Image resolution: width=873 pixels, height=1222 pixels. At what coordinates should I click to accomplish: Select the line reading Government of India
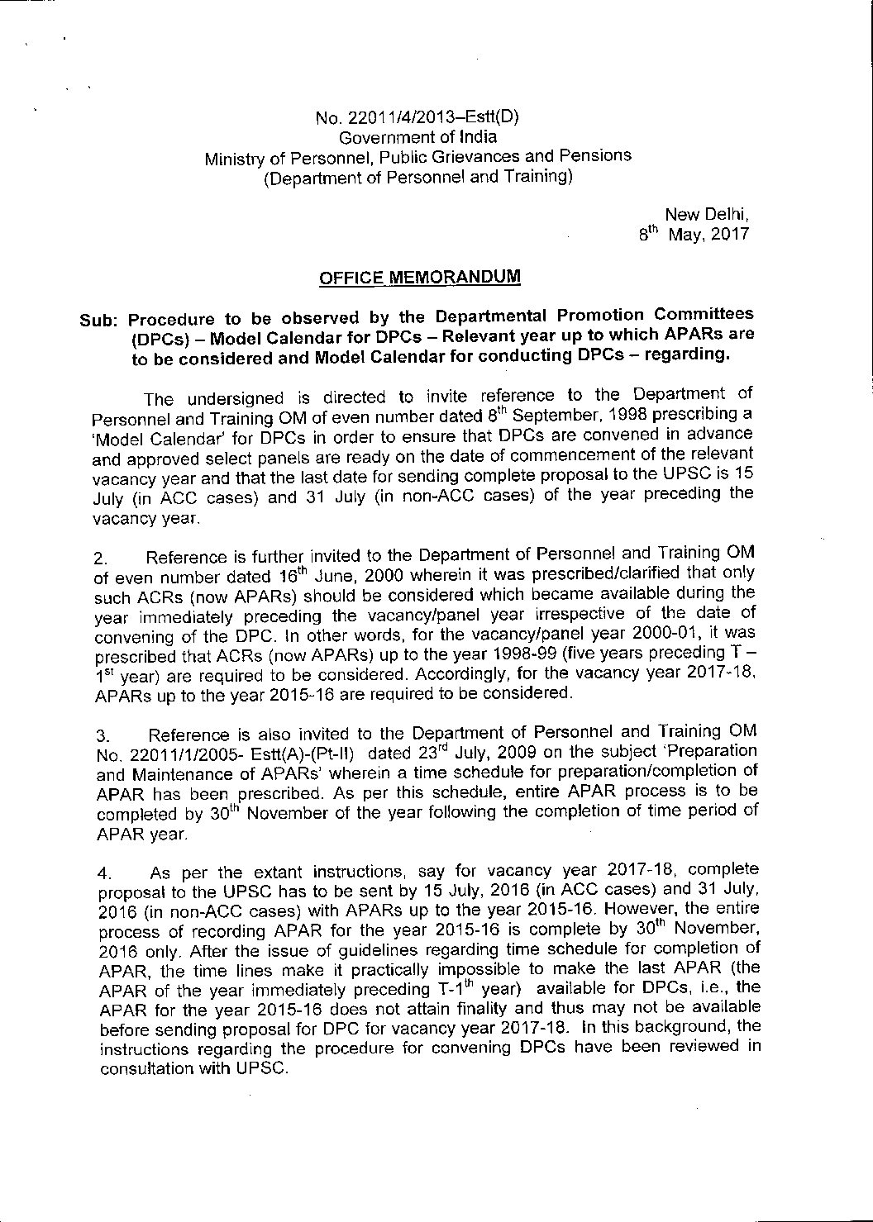[x=418, y=138]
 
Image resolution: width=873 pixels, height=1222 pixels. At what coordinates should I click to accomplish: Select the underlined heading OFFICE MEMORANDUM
[x=420, y=278]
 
